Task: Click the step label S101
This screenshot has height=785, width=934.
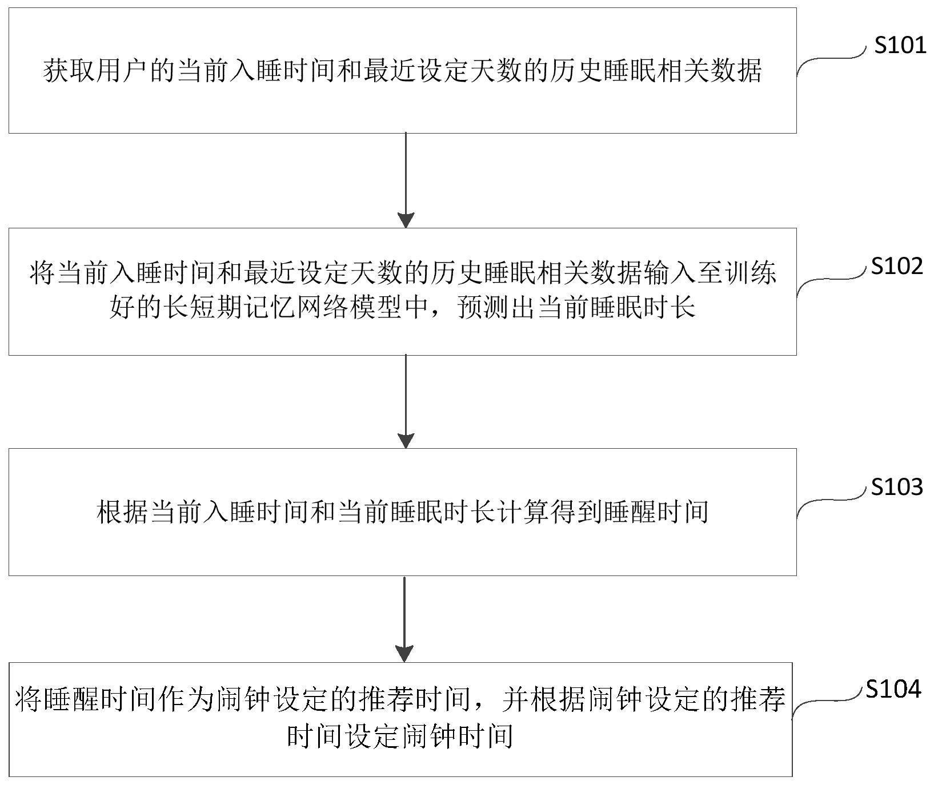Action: click(x=900, y=45)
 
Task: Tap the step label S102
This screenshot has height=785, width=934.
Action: click(x=897, y=266)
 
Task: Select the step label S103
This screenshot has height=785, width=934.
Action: click(x=897, y=487)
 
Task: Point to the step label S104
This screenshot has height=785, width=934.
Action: click(x=893, y=689)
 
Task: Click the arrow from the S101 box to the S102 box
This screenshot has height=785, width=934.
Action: click(x=406, y=180)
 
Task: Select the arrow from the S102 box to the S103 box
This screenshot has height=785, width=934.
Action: click(x=406, y=401)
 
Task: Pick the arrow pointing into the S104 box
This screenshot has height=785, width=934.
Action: click(x=404, y=619)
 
